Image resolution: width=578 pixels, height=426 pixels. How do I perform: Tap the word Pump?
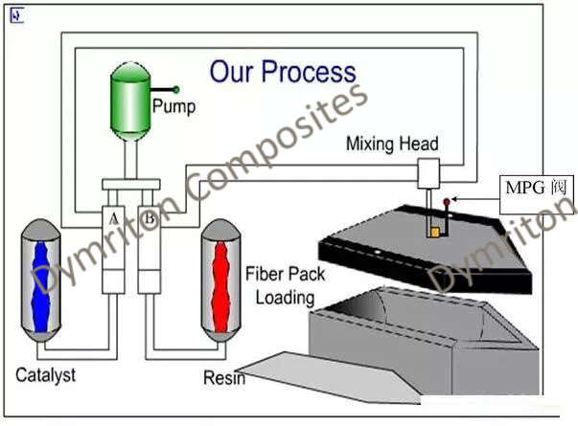coord(173,106)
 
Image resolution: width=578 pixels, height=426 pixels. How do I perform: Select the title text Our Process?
coord(283,72)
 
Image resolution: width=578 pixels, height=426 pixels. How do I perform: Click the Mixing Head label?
coord(391,145)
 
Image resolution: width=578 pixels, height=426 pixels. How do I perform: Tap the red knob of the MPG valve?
coord(447,201)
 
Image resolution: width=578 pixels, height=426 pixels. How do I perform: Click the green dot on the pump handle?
coord(176,89)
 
